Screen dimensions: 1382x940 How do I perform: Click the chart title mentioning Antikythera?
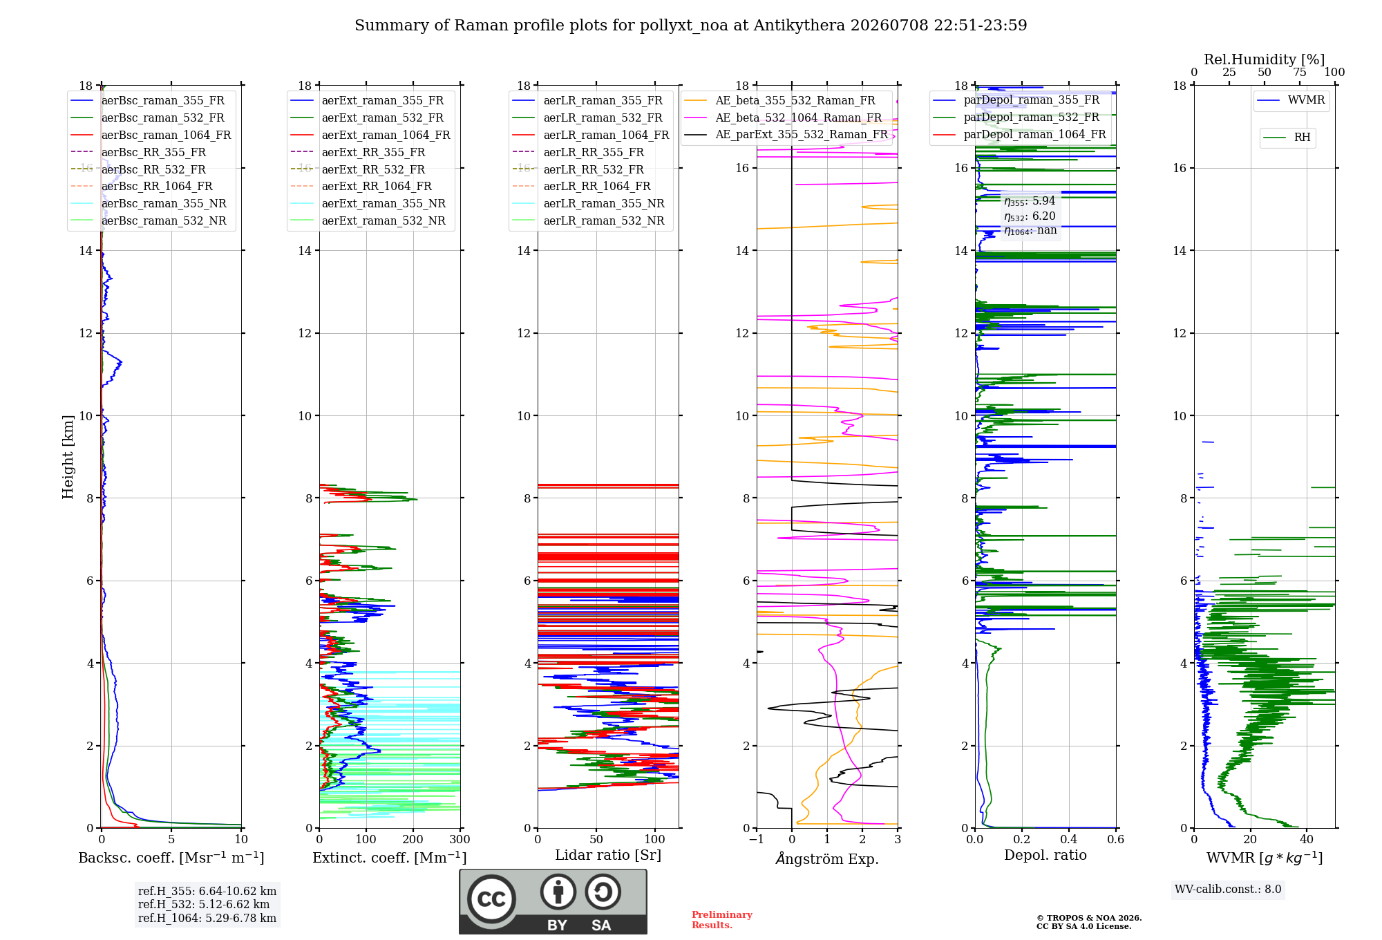pos(690,26)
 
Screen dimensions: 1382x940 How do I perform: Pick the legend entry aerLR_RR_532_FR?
pos(594,169)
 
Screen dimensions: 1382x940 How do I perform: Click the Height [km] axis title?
pos(68,457)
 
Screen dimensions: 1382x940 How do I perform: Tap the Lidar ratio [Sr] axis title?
pos(608,855)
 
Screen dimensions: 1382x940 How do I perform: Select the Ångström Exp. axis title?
pos(827,858)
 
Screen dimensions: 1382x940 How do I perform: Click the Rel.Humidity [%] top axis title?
pos(1265,59)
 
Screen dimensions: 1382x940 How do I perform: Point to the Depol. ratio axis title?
pos(1045,855)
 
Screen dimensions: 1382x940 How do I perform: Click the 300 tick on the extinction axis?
pos(460,839)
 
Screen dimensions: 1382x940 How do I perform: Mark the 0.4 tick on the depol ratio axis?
pos(1069,839)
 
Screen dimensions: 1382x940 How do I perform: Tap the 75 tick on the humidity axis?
pos(1300,73)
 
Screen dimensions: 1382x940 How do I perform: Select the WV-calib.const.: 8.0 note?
pos(1228,890)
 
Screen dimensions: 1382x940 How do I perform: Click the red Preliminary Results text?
pos(722,920)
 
